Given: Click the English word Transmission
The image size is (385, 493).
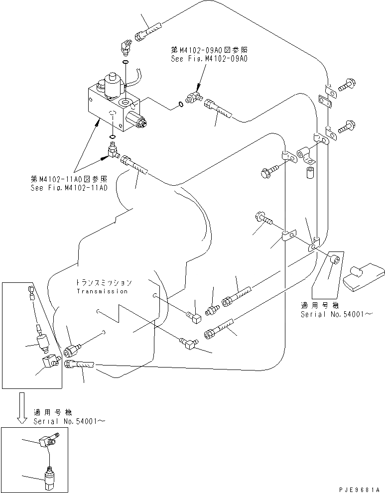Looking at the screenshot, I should click(x=102, y=291).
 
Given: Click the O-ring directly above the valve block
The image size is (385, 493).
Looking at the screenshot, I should click(x=125, y=62).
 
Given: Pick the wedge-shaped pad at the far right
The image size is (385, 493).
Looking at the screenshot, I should click(x=364, y=277).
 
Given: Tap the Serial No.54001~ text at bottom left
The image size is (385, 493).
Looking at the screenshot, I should click(x=69, y=421).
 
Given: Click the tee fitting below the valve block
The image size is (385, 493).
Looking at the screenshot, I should click(x=113, y=149).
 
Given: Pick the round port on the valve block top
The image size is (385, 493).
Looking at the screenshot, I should click(x=130, y=104).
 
